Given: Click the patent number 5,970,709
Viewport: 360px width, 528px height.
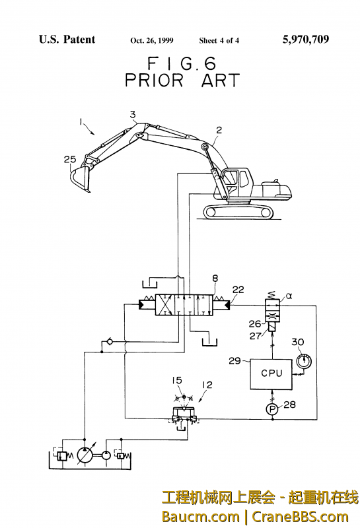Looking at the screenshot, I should [305, 40].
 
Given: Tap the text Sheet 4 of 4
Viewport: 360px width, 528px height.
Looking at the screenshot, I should [219, 41].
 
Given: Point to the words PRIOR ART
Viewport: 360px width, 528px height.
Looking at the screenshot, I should [182, 81].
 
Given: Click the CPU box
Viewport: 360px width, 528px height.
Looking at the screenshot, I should [271, 373].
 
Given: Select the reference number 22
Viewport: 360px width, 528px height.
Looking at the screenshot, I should [238, 289].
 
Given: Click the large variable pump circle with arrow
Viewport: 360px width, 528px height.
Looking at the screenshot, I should [85, 455].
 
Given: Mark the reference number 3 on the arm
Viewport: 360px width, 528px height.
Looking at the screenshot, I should [133, 115].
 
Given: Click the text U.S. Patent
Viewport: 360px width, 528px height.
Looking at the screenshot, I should [67, 40].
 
